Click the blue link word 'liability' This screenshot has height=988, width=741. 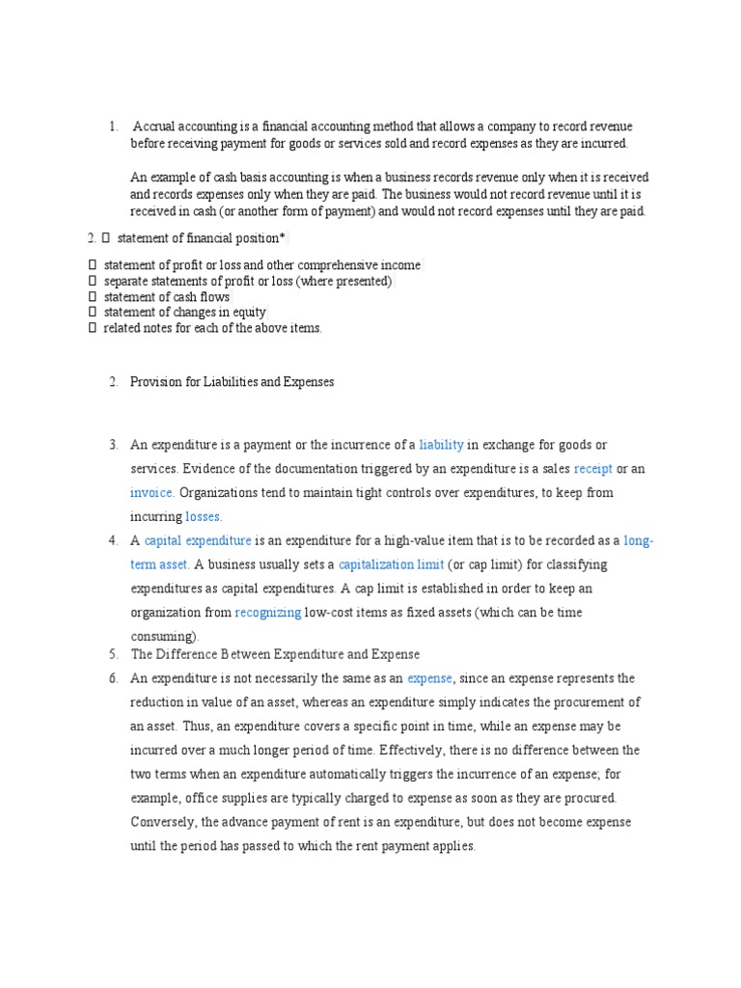coord(441,445)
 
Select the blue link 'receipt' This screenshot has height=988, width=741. coord(592,469)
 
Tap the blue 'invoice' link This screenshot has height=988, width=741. coord(151,493)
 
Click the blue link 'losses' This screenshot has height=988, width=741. coord(203,517)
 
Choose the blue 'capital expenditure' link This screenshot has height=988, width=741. coord(198,541)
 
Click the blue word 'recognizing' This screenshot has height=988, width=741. coord(268,613)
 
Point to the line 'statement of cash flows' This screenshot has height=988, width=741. coord(166,297)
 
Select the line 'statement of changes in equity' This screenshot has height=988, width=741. coord(184,313)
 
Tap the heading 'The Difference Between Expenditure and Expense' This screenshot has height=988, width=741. coord(275,655)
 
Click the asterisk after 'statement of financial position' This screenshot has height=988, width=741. coord(282,237)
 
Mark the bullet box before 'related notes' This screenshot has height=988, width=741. coord(93,328)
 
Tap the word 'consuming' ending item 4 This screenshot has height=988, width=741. coord(162,637)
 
